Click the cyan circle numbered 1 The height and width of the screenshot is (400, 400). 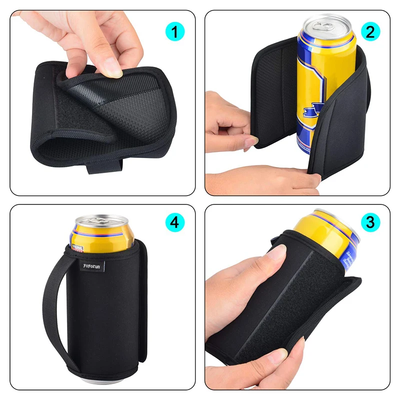(174, 32)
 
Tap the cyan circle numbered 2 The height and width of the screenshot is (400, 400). (369, 32)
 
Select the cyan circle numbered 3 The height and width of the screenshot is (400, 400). (369, 222)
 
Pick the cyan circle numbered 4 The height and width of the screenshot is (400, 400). (174, 222)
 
